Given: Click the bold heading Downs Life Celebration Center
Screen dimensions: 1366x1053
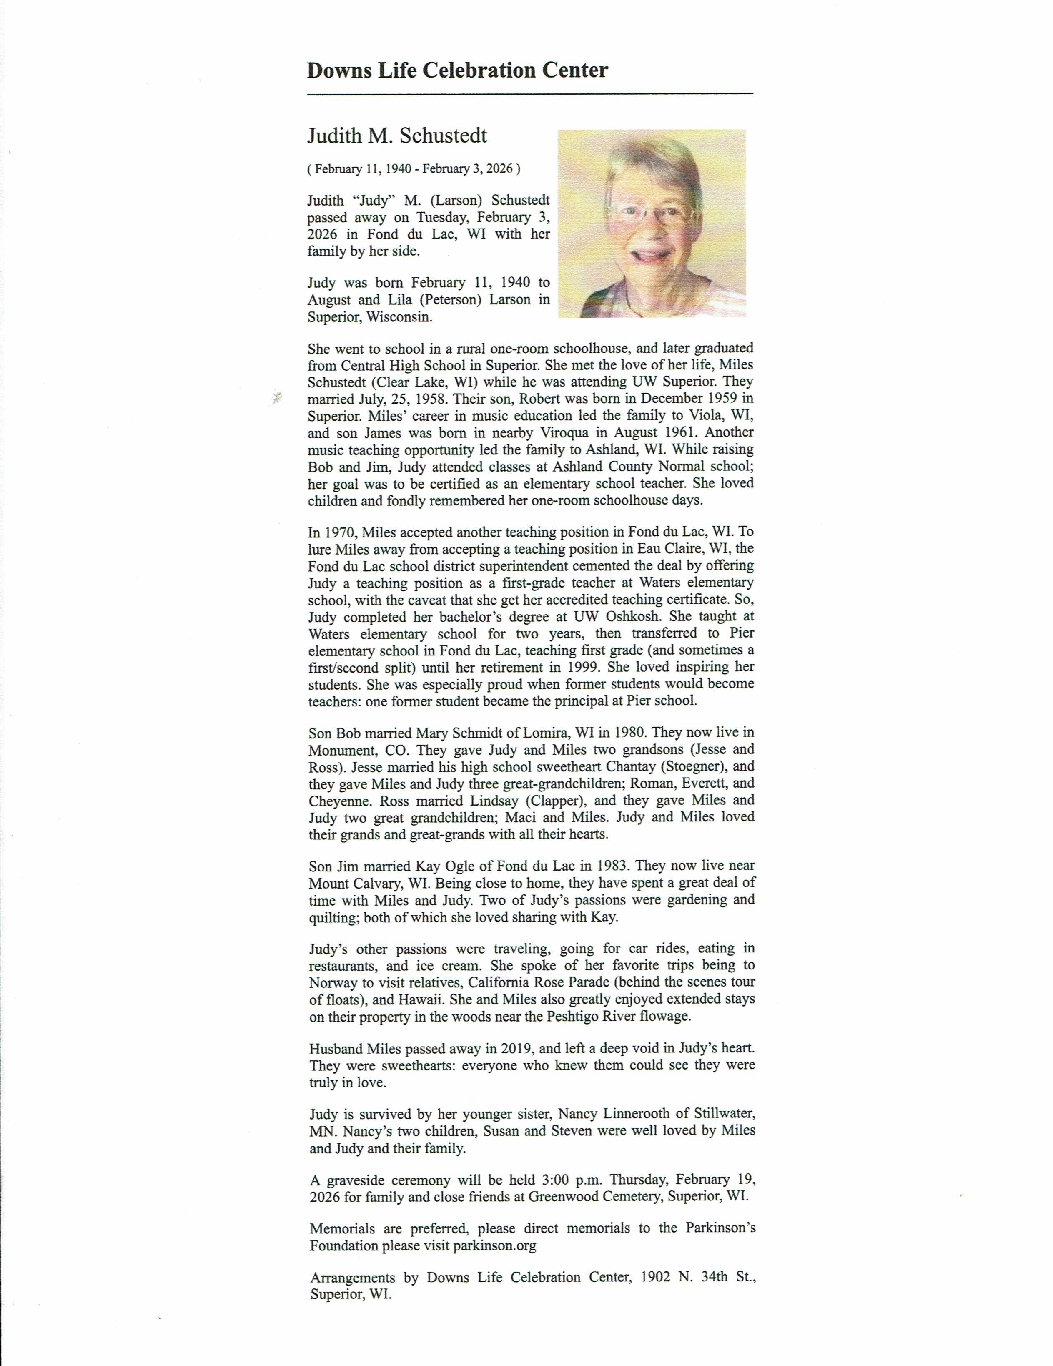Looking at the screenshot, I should [457, 70].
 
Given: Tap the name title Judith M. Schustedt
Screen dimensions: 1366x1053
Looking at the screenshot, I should [397, 136].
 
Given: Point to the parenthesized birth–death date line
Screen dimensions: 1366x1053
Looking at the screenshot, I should [414, 168].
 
